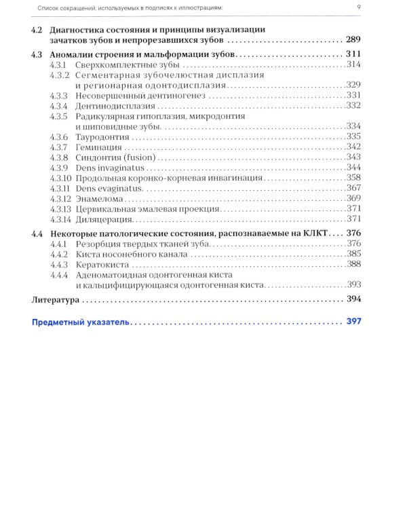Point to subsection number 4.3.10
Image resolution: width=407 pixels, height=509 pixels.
60,178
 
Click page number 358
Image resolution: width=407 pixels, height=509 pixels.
357,178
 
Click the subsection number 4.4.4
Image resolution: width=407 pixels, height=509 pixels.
59,276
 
